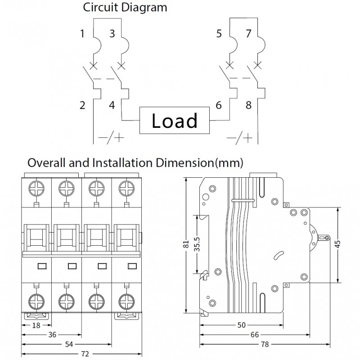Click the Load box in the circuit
pyautogui.click(x=174, y=121)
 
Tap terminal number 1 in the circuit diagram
pyautogui.click(x=82, y=33)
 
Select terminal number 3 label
pyautogui.click(x=112, y=33)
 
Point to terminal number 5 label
pyautogui.click(x=219, y=33)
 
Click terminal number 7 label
pyautogui.click(x=248, y=33)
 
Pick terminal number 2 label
pyautogui.click(x=82, y=105)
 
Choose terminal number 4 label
pyautogui.click(x=112, y=105)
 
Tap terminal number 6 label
pyautogui.click(x=219, y=105)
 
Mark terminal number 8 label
pyautogui.click(x=248, y=105)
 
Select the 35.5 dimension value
pyautogui.click(x=196, y=245)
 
